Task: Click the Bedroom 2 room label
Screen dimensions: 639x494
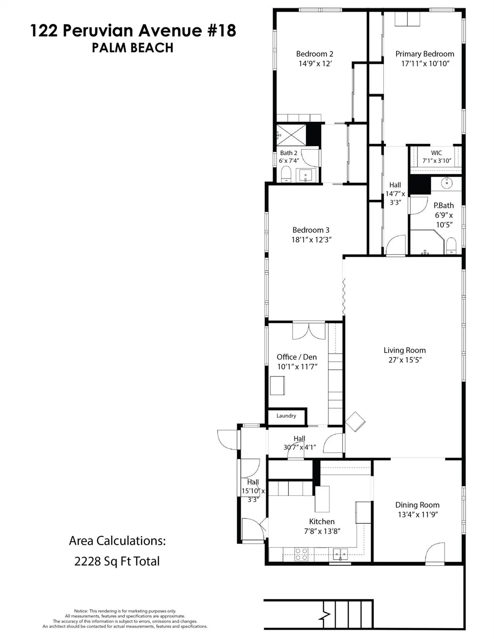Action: (314, 54)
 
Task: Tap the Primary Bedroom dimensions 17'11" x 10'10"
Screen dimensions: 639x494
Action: (424, 64)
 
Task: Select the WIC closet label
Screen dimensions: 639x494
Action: (436, 153)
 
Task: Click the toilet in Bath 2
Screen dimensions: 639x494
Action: (286, 174)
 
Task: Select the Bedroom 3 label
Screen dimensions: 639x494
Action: (311, 230)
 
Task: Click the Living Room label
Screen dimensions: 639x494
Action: (405, 350)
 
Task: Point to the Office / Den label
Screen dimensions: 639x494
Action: (297, 357)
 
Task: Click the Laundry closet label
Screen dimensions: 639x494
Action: (286, 416)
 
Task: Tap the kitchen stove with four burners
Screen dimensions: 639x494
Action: (301, 554)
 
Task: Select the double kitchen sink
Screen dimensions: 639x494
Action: (341, 554)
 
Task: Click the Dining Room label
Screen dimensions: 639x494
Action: (417, 505)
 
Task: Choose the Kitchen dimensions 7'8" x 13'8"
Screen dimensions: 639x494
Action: (322, 531)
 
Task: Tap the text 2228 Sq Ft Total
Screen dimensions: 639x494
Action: (117, 561)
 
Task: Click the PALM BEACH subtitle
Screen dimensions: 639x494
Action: (132, 48)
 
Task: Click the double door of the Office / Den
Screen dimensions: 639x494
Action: (309, 331)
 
